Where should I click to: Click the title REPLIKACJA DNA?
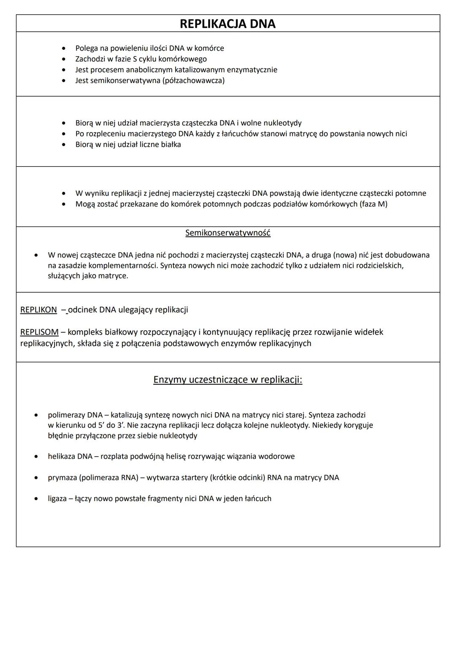coord(228,24)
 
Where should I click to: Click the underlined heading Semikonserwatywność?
coord(228,233)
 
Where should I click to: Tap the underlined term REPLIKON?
coord(38,310)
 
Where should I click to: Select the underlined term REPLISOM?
coord(39,332)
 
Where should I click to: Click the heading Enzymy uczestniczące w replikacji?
coord(228,380)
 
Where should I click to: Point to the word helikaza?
coord(62,456)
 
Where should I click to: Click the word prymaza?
coord(62,477)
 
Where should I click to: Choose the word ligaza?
coord(57,498)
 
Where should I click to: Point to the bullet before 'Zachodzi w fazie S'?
coord(64,59)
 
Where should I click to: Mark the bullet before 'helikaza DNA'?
coord(37,457)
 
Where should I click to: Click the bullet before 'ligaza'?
coord(37,499)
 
